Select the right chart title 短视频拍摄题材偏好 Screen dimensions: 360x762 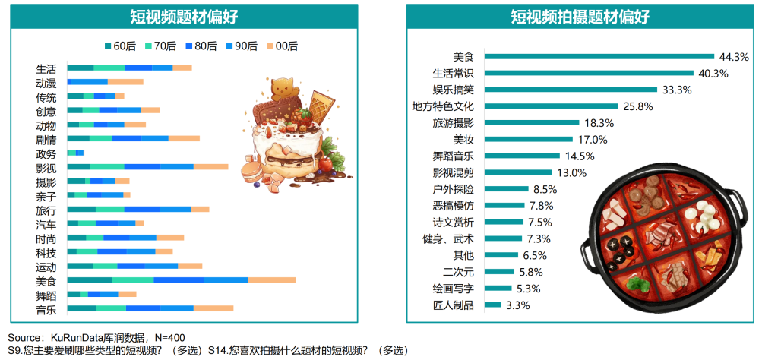pyautogui.click(x=580, y=17)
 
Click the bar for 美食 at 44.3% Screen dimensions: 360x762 pyautogui.click(x=599, y=56)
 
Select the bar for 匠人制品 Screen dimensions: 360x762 pyautogui.click(x=492, y=305)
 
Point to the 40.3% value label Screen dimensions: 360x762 pyautogui.click(x=713, y=74)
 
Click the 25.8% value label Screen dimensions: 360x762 pyautogui.click(x=638, y=106)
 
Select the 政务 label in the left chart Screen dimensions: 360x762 pyautogui.click(x=46, y=153)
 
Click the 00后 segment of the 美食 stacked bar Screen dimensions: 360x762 pyautogui.click(x=272, y=281)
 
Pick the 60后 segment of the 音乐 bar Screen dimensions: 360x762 pyautogui.click(x=82, y=309)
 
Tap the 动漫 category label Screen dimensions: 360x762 pyautogui.click(x=46, y=83)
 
